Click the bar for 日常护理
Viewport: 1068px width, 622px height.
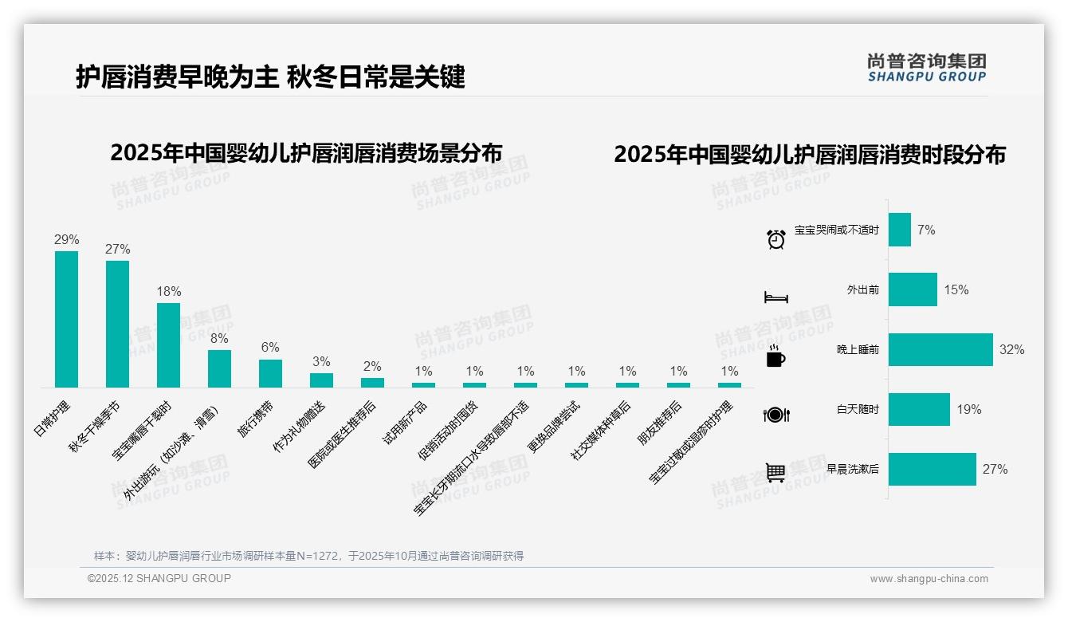click(x=66, y=319)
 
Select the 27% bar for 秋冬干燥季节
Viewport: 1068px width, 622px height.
click(x=117, y=324)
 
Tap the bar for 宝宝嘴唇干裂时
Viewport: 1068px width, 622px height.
click(x=168, y=344)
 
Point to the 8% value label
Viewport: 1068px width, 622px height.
click(x=219, y=338)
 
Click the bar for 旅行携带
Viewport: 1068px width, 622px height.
click(x=270, y=373)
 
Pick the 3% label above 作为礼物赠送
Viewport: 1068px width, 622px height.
click(x=321, y=361)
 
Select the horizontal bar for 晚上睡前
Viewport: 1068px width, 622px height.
click(x=940, y=349)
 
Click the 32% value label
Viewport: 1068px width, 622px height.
click(x=1011, y=349)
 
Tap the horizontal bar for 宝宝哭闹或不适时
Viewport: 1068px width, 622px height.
click(x=899, y=230)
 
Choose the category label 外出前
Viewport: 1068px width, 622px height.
click(x=862, y=289)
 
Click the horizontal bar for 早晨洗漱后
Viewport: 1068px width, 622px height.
click(x=932, y=469)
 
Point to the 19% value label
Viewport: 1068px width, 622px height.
click(x=968, y=409)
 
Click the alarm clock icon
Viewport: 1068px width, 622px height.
click(x=775, y=238)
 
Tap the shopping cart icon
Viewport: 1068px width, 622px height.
click(x=775, y=472)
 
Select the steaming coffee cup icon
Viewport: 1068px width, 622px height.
click(x=775, y=356)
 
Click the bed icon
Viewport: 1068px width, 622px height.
click(x=775, y=297)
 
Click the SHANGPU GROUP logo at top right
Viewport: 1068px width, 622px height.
click(x=926, y=67)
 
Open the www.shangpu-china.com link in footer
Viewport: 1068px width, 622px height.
click(x=929, y=579)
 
